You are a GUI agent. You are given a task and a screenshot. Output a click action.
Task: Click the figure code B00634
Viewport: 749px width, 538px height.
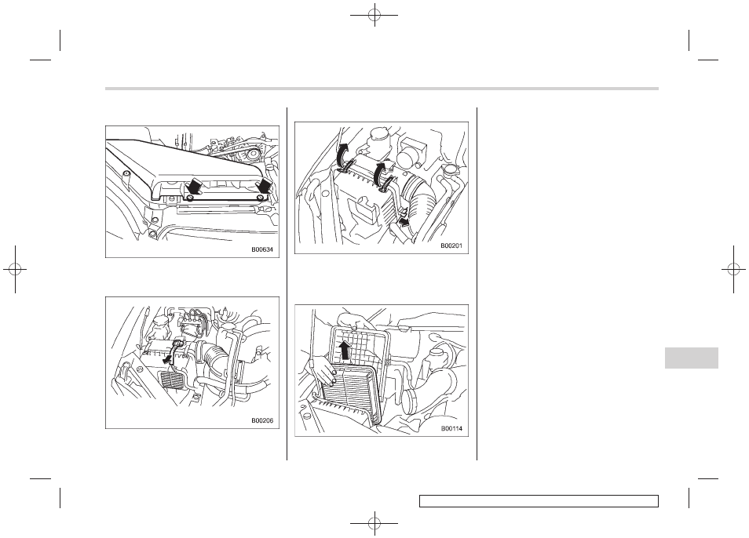coord(265,249)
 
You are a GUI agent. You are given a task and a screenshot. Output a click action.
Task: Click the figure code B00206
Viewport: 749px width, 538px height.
coord(265,420)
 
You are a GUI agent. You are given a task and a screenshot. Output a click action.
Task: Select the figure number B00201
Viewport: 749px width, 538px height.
coord(451,245)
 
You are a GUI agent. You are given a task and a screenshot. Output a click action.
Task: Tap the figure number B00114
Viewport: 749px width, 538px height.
coord(451,428)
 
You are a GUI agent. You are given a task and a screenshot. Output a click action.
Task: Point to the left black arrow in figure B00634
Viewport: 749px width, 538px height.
coord(193,186)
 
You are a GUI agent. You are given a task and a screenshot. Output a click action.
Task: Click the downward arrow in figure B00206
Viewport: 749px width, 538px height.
coord(169,357)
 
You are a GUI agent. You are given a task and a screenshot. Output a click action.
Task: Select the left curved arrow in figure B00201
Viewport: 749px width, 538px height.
coord(344,156)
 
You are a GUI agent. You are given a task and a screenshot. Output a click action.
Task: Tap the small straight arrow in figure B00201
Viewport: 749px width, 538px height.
coord(405,221)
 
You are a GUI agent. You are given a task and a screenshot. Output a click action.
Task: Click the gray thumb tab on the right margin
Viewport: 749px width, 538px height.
coord(691,358)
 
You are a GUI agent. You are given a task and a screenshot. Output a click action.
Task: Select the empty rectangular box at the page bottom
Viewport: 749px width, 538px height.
coord(539,501)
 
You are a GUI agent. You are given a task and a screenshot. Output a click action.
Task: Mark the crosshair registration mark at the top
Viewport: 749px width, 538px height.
coord(374,15)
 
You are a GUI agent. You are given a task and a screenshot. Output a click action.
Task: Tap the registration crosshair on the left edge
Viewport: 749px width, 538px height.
coord(15,270)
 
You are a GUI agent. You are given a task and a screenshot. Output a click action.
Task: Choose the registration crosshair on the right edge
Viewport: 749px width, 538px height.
coord(734,270)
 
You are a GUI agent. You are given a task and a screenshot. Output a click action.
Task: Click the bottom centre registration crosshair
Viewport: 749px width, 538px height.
coord(374,523)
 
